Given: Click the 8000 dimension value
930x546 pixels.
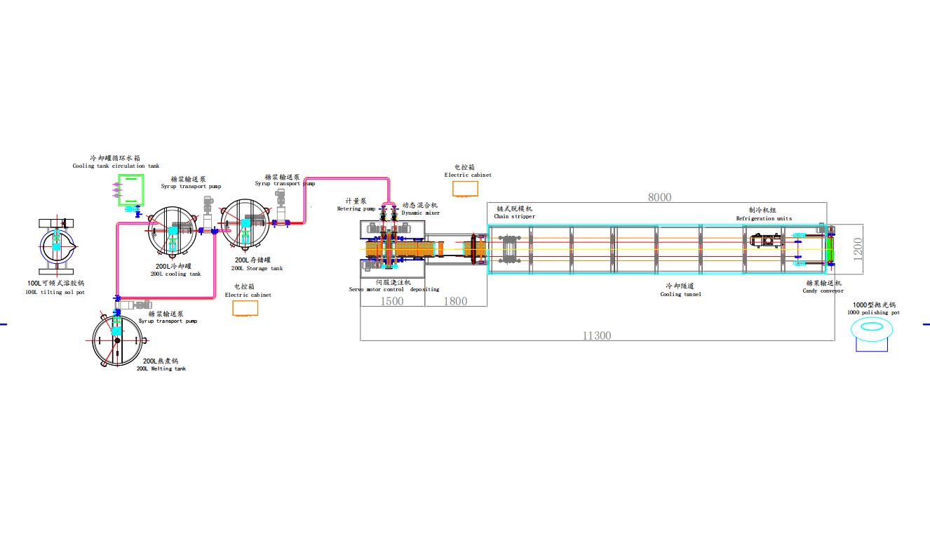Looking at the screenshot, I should pyautogui.click(x=659, y=197).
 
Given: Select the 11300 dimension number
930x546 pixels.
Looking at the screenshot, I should pyautogui.click(x=597, y=335).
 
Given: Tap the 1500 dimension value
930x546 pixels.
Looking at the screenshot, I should pyautogui.click(x=392, y=300).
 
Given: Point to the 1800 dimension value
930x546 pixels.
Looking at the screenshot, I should pyautogui.click(x=456, y=300).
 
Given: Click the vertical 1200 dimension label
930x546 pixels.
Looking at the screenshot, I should pyautogui.click(x=858, y=248).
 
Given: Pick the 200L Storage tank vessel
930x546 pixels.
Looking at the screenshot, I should pyautogui.click(x=245, y=225).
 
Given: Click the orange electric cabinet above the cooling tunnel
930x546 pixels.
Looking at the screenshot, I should pyautogui.click(x=465, y=188).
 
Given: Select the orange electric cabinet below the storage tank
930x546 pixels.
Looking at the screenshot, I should pyautogui.click(x=245, y=308).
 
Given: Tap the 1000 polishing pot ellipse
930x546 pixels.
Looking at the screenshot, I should pyautogui.click(x=873, y=327).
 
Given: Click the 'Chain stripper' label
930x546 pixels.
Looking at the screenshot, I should pyautogui.click(x=514, y=216).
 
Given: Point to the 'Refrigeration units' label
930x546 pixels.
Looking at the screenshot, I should pyautogui.click(x=764, y=218).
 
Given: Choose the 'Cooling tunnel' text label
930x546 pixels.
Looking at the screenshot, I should pyautogui.click(x=680, y=294).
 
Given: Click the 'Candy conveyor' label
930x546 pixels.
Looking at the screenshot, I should pyautogui.click(x=823, y=291).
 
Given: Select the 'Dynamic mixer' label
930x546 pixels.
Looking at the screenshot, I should pyautogui.click(x=420, y=212).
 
